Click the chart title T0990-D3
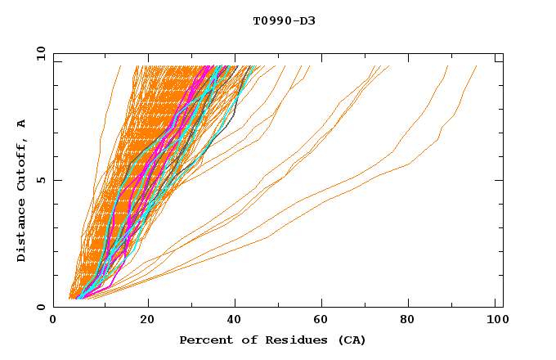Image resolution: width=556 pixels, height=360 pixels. point(284,20)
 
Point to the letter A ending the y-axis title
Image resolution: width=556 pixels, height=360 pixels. point(22,124)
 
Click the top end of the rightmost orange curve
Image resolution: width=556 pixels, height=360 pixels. point(477,66)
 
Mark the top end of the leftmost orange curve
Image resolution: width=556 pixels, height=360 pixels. point(120,66)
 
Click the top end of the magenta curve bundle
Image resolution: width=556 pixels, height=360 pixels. point(213,66)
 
